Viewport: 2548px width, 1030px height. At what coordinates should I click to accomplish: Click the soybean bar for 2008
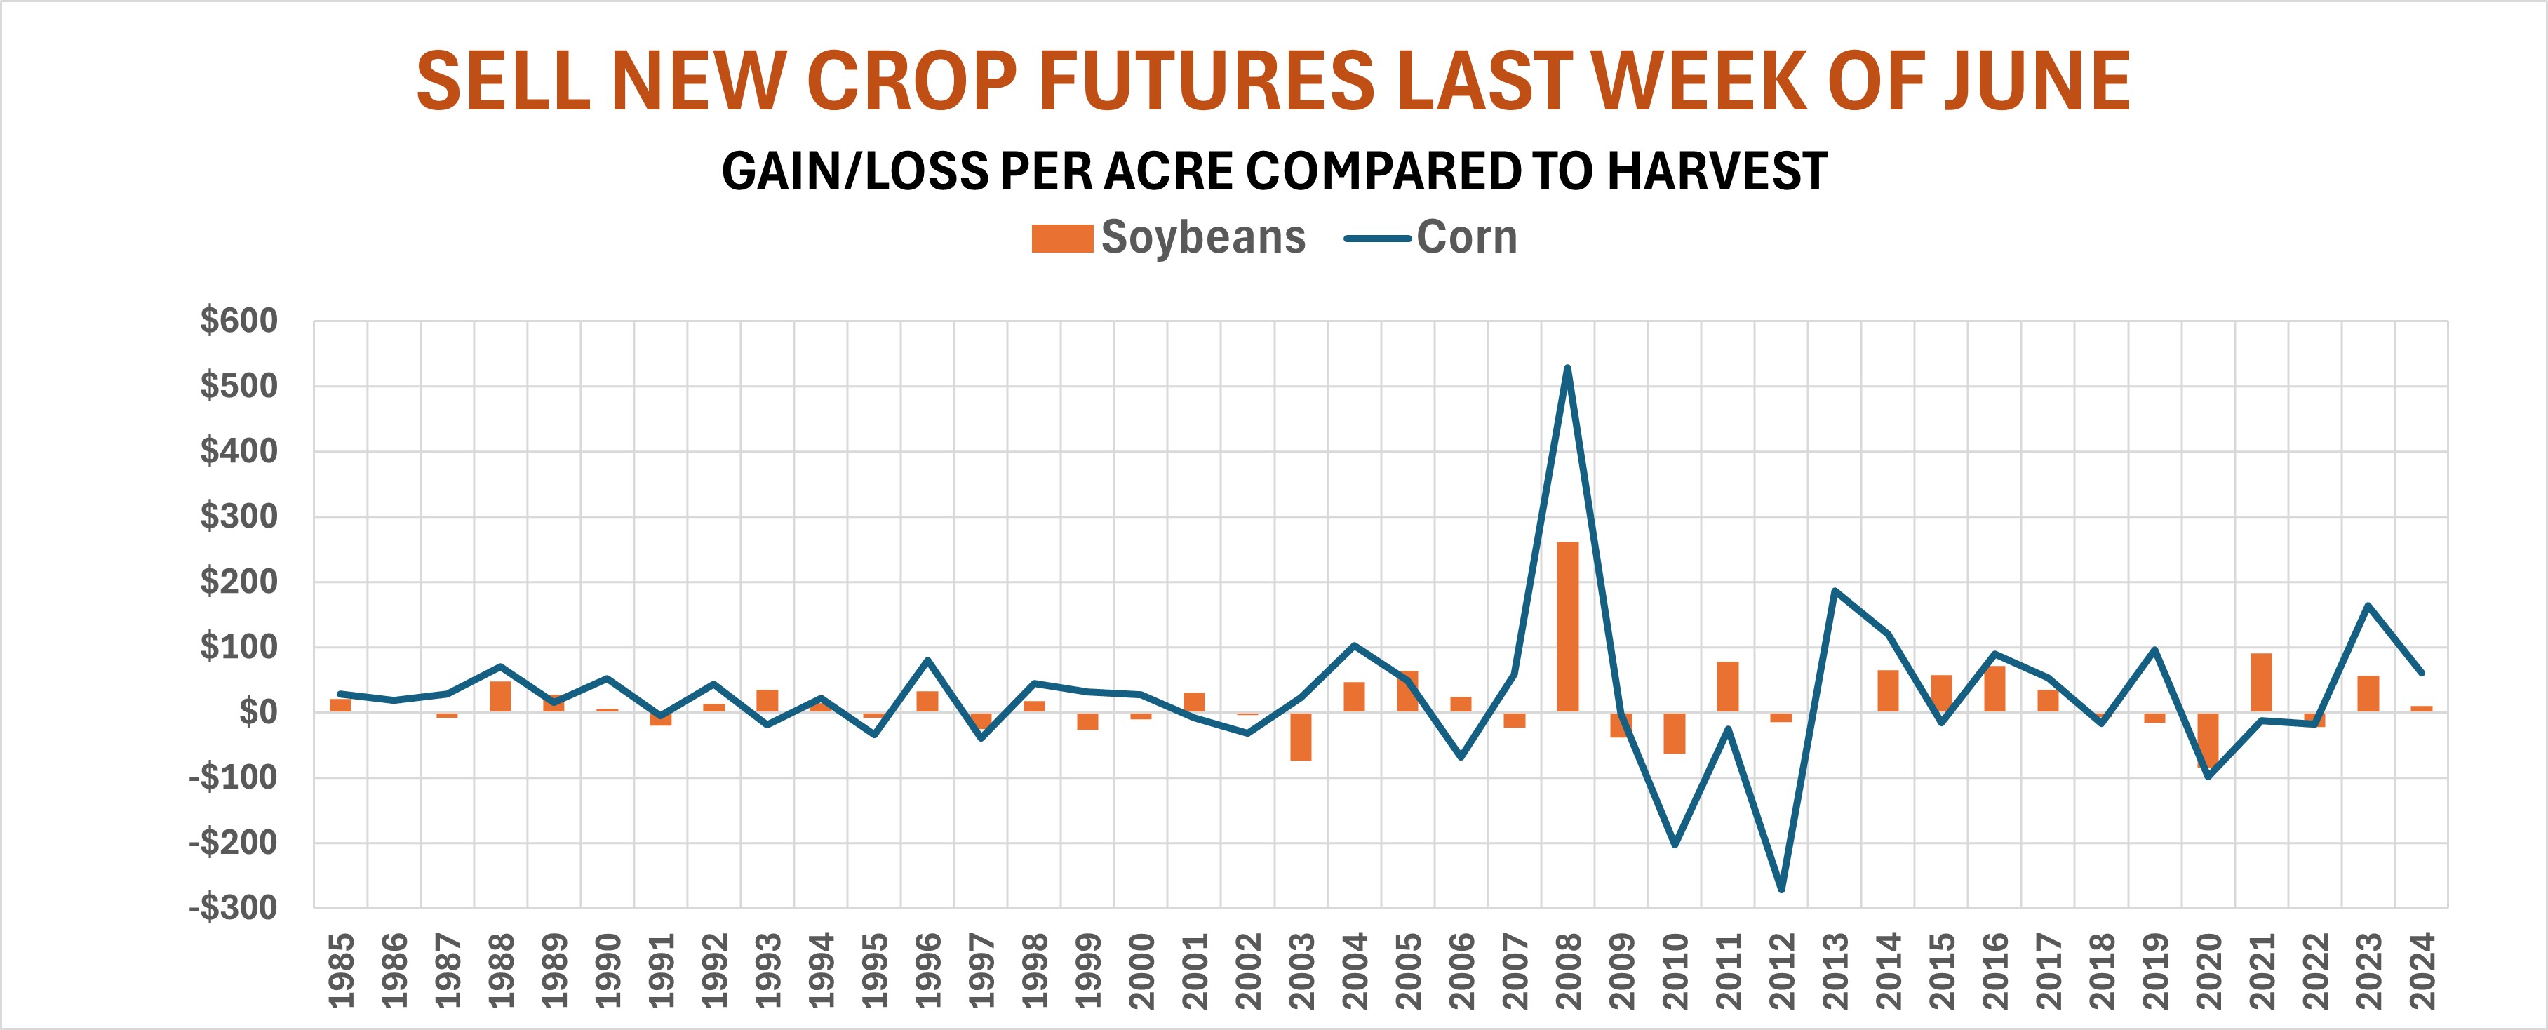[x=1568, y=627]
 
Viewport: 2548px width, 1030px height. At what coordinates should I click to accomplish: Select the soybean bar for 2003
[x=1301, y=736]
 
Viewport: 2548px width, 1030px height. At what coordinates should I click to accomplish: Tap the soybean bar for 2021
[x=2261, y=683]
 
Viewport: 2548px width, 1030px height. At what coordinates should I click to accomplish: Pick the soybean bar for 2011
[x=1728, y=687]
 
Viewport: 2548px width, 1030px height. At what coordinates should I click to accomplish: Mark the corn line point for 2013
[x=1835, y=591]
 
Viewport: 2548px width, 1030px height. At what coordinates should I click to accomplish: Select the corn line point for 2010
[x=1675, y=844]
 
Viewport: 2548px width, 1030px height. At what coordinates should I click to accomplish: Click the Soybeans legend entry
[x=1168, y=237]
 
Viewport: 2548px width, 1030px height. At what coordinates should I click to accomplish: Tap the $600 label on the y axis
[x=239, y=321]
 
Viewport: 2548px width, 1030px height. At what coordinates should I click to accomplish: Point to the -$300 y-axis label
[x=234, y=907]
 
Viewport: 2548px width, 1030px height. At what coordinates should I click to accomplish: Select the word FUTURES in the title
[x=1207, y=81]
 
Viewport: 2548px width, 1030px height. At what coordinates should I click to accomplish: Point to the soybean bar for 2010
[x=1675, y=733]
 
